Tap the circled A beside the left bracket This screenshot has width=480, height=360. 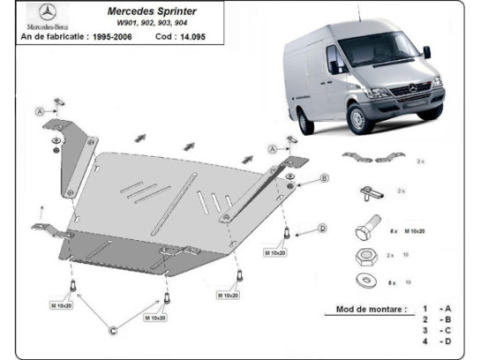(41, 111)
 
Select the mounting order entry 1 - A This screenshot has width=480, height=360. (436, 308)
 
